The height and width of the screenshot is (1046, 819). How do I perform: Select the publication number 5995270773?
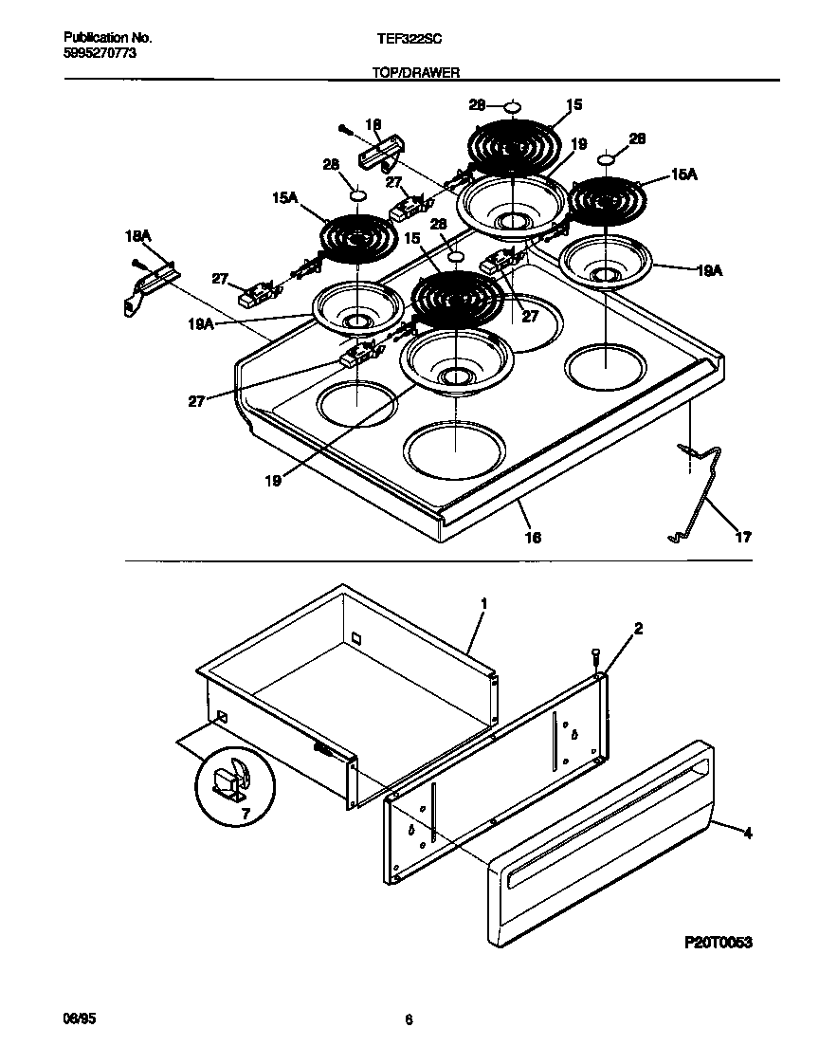(101, 54)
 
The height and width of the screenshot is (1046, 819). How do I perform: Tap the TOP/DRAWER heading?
(416, 72)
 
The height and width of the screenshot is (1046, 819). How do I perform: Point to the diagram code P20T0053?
(719, 943)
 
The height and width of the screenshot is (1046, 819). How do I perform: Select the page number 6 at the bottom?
(409, 1020)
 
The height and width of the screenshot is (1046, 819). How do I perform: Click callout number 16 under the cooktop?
(533, 537)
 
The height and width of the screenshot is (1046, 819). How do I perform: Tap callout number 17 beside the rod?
(742, 537)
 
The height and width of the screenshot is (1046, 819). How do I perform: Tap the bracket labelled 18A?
(152, 284)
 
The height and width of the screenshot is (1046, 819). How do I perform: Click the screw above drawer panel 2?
(594, 655)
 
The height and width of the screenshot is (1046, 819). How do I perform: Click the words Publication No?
(107, 38)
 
